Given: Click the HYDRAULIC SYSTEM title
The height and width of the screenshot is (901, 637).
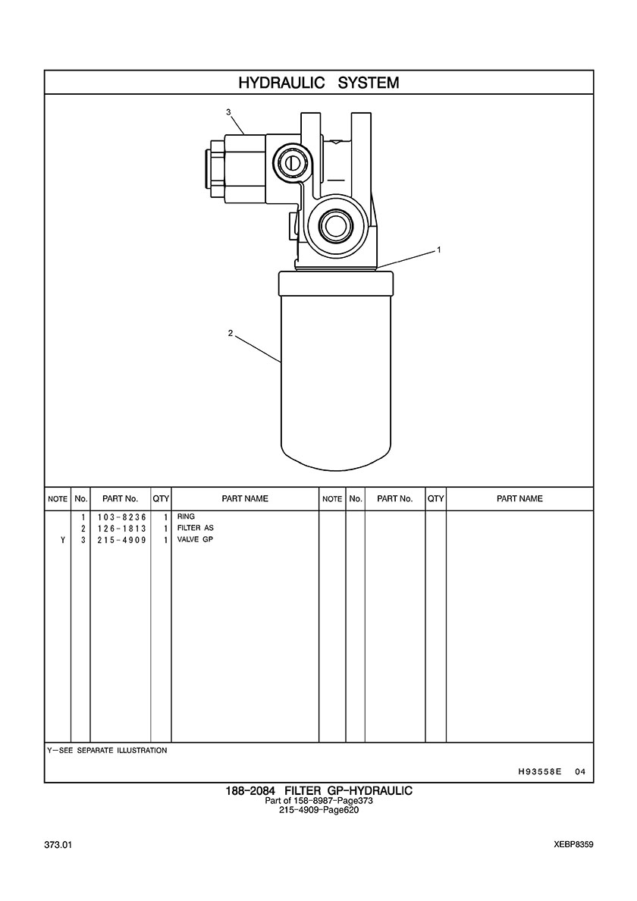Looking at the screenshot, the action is click(318, 83).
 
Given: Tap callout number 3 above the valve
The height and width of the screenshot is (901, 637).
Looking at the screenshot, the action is click(228, 112).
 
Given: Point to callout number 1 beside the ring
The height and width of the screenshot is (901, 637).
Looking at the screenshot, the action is click(438, 250).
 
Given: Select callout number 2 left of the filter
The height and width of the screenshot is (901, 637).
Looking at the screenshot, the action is click(231, 333).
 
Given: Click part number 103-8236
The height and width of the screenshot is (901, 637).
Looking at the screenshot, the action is click(122, 517).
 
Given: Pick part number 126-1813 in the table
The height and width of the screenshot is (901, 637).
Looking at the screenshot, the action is click(122, 528).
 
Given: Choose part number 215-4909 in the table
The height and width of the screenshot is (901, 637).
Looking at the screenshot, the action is click(122, 539).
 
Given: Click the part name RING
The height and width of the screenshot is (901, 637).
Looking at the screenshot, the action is click(186, 516).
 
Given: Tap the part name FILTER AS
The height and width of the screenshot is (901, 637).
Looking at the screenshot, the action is click(196, 528).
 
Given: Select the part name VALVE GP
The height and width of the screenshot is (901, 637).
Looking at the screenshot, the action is click(196, 539).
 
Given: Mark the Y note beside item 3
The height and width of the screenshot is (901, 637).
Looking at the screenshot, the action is click(63, 539).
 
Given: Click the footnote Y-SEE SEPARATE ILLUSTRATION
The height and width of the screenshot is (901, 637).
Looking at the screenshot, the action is click(108, 750).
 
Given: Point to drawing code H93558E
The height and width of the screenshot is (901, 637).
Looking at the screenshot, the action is click(539, 771).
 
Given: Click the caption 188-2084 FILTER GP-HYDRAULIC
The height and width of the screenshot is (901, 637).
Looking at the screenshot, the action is click(318, 791).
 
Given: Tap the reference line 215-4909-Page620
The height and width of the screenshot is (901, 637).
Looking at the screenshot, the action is click(318, 810).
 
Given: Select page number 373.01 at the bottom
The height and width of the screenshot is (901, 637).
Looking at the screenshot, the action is click(58, 845).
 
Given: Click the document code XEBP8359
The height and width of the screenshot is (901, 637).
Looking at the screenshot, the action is click(574, 845).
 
